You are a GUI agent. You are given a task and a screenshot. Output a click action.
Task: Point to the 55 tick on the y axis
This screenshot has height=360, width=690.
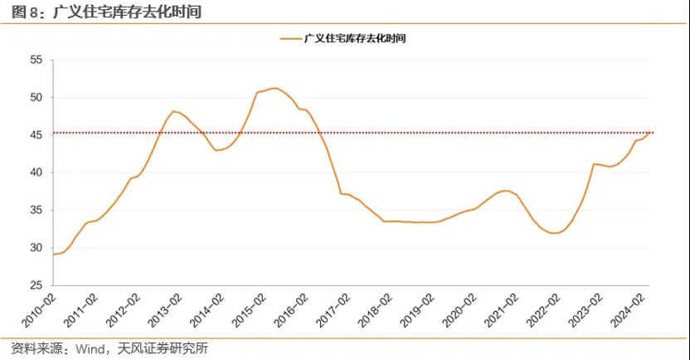point(36,60)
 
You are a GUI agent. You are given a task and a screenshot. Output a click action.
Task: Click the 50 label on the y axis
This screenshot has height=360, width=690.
point(36,98)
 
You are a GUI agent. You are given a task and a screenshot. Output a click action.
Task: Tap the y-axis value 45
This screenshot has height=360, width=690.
point(36,135)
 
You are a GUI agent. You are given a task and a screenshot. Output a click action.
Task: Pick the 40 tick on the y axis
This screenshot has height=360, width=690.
point(36,173)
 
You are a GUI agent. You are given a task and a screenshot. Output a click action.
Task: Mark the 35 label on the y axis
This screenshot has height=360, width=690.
point(36,211)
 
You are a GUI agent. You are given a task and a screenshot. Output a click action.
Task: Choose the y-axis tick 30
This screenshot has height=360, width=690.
point(36,248)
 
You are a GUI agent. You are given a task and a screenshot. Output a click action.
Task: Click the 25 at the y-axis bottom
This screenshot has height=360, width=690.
point(36,285)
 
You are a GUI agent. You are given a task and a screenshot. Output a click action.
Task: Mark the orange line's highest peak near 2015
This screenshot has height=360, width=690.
point(275,88)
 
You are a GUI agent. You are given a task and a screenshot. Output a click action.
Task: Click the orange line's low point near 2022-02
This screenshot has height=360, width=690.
point(555,234)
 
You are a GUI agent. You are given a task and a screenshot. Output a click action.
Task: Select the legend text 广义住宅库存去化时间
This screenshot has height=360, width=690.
point(356,38)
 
